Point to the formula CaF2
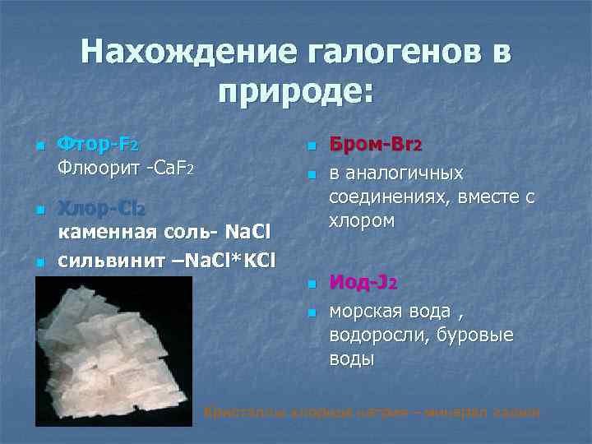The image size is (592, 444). click(170, 170)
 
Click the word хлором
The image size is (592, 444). click(362, 221)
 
